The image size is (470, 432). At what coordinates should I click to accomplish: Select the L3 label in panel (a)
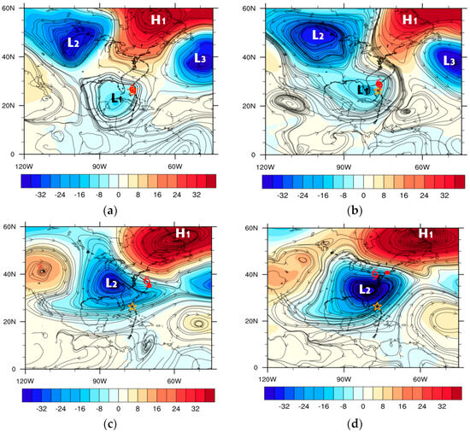(x=199, y=58)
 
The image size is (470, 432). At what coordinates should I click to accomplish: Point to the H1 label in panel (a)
(x=160, y=20)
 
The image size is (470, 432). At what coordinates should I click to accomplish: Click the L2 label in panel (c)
(x=111, y=282)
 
